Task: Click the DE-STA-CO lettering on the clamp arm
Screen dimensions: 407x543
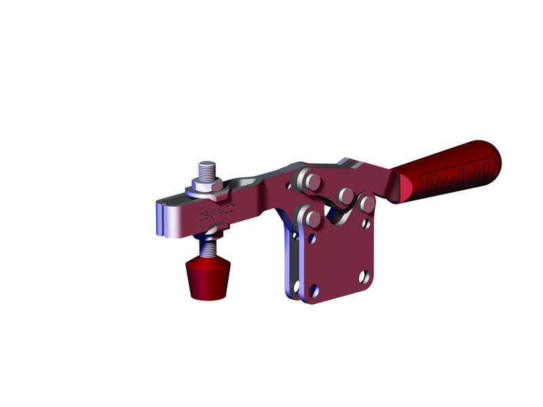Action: (217, 215)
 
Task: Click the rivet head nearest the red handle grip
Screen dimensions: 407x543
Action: (367, 203)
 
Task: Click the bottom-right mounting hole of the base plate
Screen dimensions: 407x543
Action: (363, 277)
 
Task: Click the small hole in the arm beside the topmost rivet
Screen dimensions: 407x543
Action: (297, 184)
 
